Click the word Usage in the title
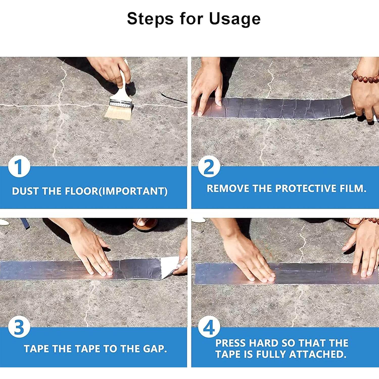click(x=235, y=19)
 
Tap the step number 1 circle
click(x=19, y=167)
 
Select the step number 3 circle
click(x=19, y=327)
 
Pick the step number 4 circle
click(x=209, y=327)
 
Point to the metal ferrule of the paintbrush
click(x=121, y=103)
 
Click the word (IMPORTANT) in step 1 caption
click(x=133, y=191)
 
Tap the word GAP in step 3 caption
click(x=155, y=349)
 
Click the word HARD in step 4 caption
click(x=264, y=343)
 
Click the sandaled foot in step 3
click(x=145, y=224)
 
